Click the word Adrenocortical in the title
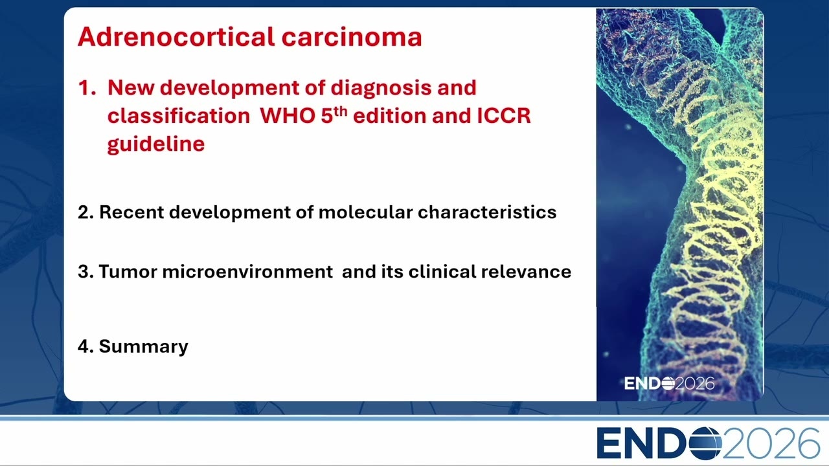[x=176, y=37]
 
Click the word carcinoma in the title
[x=352, y=38]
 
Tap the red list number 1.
[x=86, y=87]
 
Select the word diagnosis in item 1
[x=381, y=89]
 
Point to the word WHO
[x=288, y=116]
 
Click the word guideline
[x=156, y=144]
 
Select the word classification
[x=179, y=116]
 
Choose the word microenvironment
[x=247, y=272]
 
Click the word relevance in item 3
[x=526, y=272]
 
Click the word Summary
[x=144, y=347]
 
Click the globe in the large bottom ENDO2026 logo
[x=705, y=443]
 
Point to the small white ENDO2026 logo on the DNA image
[x=669, y=384]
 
